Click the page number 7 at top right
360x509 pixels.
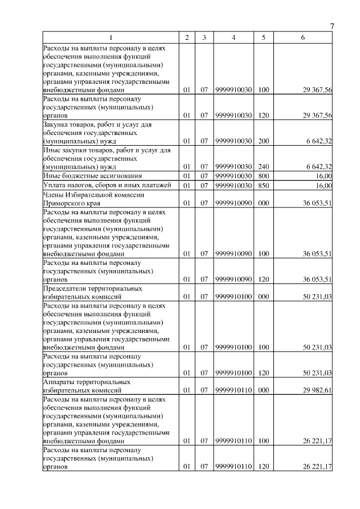(x=331, y=26)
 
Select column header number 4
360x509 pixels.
(x=233, y=38)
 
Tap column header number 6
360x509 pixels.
(x=303, y=38)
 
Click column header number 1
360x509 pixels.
(x=111, y=38)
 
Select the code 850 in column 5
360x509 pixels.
(x=263, y=186)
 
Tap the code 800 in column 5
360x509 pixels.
(x=263, y=176)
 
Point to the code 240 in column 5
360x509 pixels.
(x=263, y=166)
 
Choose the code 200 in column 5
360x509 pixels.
(x=263, y=141)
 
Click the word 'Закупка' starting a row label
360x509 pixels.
(x=57, y=124)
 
